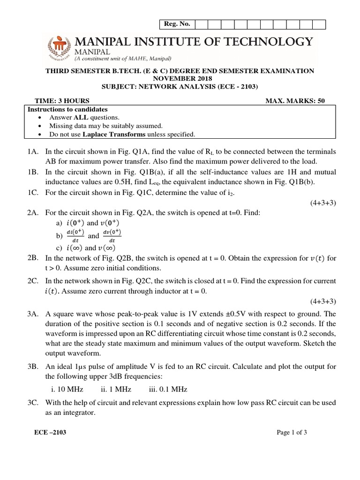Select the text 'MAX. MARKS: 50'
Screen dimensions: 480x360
point(295,101)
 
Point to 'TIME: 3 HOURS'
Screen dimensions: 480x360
point(62,101)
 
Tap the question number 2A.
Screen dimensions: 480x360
point(33,212)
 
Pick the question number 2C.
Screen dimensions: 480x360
point(33,281)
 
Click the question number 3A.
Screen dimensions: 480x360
point(33,314)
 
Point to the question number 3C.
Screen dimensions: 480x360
point(33,403)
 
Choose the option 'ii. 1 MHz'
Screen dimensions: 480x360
point(116,389)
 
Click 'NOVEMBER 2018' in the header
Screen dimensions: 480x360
point(180,79)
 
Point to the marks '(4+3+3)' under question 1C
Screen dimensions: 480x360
point(322,202)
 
